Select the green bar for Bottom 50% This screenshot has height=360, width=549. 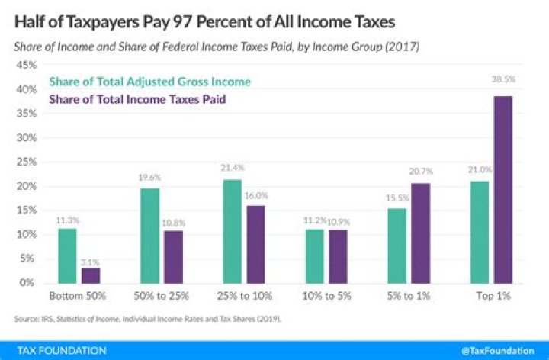[x=67, y=256]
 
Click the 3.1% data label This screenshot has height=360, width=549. [x=91, y=261]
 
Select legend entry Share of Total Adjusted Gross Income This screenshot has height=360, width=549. [x=149, y=81]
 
